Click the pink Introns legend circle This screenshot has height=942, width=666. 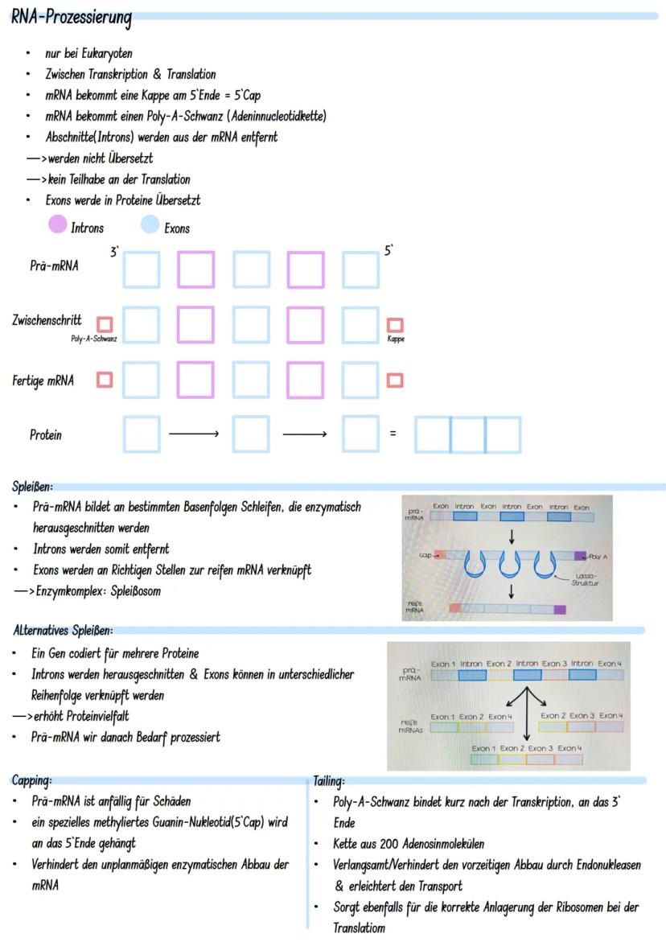tap(57, 225)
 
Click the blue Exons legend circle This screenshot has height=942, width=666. tap(150, 225)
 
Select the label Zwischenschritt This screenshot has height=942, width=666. tap(47, 320)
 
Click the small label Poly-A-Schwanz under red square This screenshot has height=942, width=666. tap(94, 339)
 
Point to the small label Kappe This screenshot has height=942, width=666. tap(395, 339)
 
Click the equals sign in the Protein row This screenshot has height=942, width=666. tap(393, 434)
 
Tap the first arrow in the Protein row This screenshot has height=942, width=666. tap(193, 434)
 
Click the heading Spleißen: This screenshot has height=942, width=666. tap(33, 487)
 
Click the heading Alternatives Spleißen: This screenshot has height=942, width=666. tap(63, 630)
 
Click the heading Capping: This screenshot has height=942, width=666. tap(32, 780)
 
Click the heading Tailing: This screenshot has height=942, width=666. tap(329, 780)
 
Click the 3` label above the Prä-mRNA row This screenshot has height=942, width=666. tap(114, 253)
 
